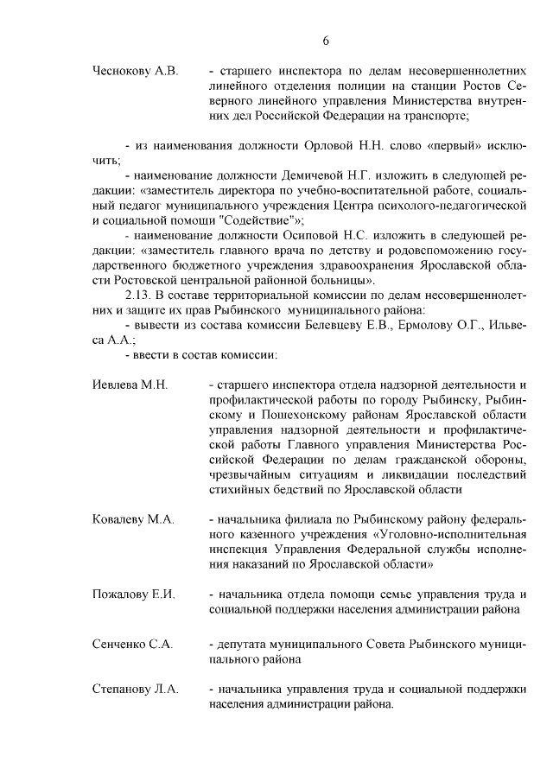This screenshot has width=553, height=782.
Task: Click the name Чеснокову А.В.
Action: click(x=134, y=71)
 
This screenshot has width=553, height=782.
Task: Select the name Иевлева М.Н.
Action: click(x=129, y=384)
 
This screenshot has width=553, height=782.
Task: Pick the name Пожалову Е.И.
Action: click(x=133, y=594)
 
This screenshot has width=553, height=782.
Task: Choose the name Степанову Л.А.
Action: click(x=135, y=689)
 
